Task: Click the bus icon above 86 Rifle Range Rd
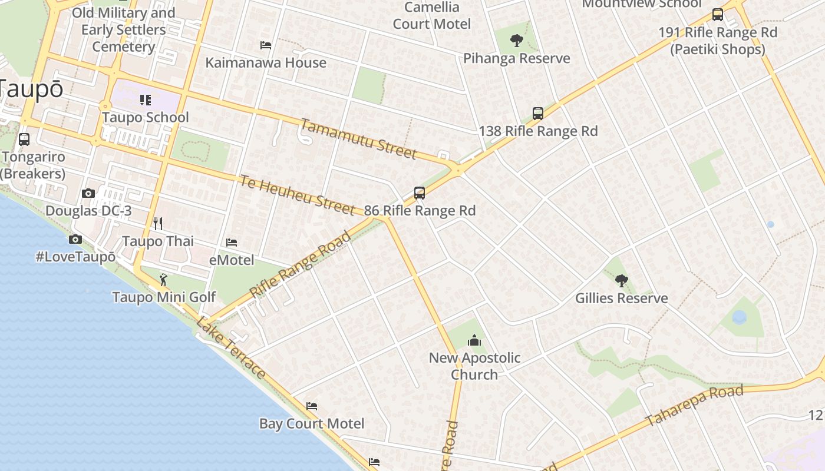point(419,193)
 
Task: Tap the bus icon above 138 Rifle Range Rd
point(537,114)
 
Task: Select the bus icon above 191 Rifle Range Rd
point(717,15)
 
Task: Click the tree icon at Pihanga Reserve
point(517,41)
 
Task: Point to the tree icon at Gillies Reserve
point(621,280)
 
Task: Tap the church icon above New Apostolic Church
point(474,340)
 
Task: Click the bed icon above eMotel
point(232,243)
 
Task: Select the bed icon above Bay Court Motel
point(312,406)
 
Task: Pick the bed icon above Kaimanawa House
point(266,45)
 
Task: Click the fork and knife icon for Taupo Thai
point(157,223)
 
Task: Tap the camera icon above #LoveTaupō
point(75,239)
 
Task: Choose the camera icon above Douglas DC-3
point(88,193)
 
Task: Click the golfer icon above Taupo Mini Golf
point(163,280)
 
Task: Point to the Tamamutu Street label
point(359,139)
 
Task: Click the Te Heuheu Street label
point(297,194)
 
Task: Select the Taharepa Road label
point(694,406)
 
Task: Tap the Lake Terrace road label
point(230,347)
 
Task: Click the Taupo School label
point(146,117)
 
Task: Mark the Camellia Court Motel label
point(432,16)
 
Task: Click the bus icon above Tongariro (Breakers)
point(24,140)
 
